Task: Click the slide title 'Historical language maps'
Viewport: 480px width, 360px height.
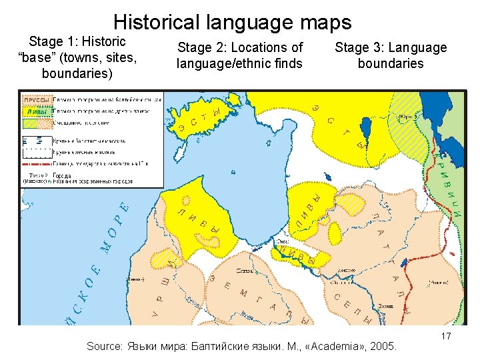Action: [x=232, y=22]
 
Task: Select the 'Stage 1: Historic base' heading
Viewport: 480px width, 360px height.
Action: [x=79, y=57]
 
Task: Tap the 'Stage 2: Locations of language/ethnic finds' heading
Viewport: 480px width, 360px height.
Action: [x=239, y=55]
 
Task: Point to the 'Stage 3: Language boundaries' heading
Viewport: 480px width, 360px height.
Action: [x=391, y=55]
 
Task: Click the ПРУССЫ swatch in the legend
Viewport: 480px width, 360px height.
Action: [x=36, y=101]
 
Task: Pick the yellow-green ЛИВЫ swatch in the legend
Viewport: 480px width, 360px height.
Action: [x=36, y=111]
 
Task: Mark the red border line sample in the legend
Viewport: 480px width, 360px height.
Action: [x=36, y=162]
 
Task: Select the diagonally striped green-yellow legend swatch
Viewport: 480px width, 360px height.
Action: [x=36, y=123]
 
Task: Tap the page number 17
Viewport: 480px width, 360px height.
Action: [x=446, y=337]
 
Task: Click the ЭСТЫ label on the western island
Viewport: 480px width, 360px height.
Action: [x=198, y=120]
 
